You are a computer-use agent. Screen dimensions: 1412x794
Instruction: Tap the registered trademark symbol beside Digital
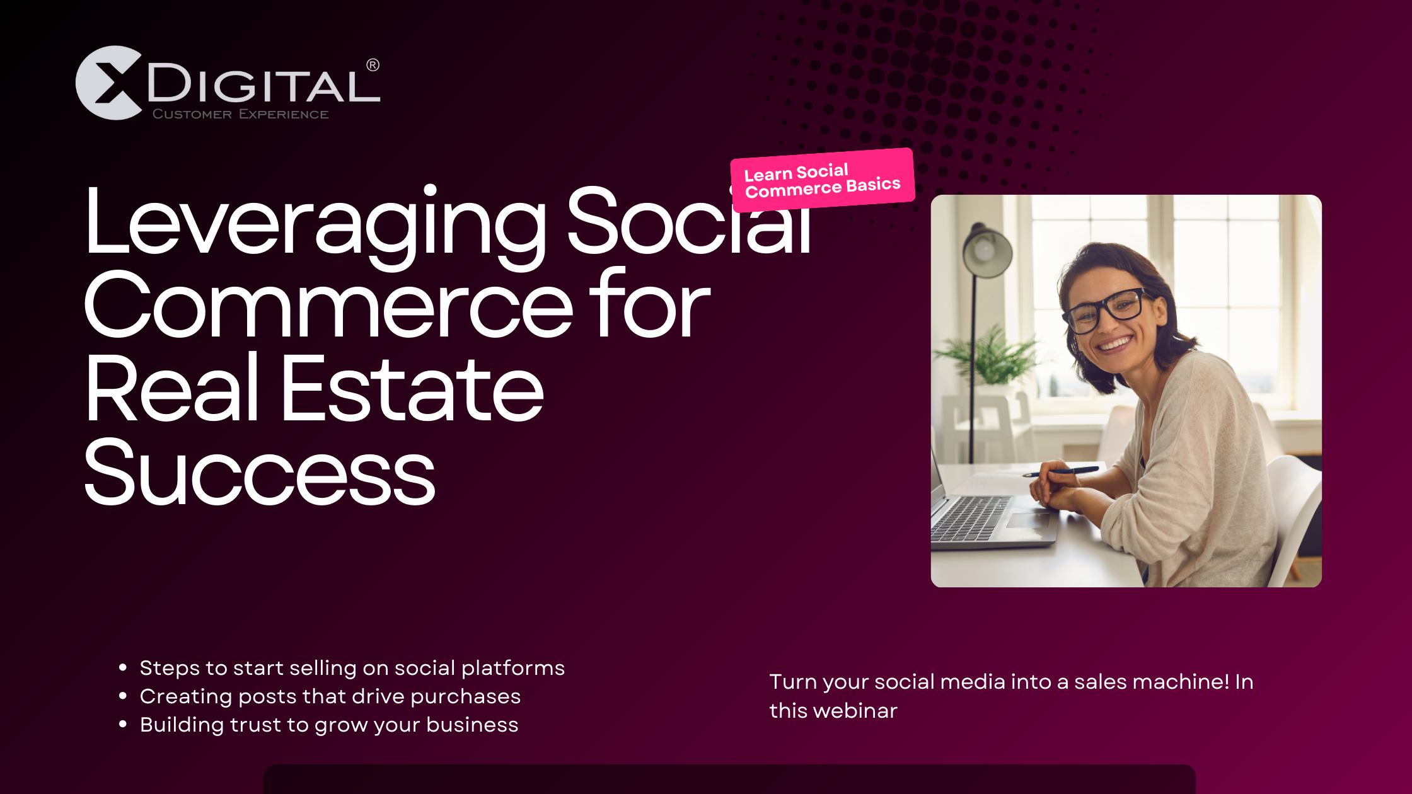coord(373,65)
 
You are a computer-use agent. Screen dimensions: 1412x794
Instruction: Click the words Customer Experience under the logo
coord(241,114)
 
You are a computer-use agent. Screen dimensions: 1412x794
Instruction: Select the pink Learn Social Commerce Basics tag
coord(823,180)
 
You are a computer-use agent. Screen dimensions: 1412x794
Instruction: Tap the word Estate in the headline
coord(412,389)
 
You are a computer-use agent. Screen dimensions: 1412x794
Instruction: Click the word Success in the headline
coord(260,473)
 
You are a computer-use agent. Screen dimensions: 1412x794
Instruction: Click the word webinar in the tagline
coord(855,711)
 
